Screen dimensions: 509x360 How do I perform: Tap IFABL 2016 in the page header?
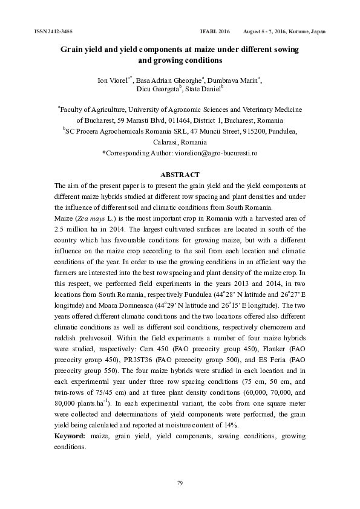pos(215,31)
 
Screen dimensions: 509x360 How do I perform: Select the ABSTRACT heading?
pos(180,175)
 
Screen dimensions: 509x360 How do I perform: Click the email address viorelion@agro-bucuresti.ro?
pos(216,153)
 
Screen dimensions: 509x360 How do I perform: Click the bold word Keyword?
pos(70,436)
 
